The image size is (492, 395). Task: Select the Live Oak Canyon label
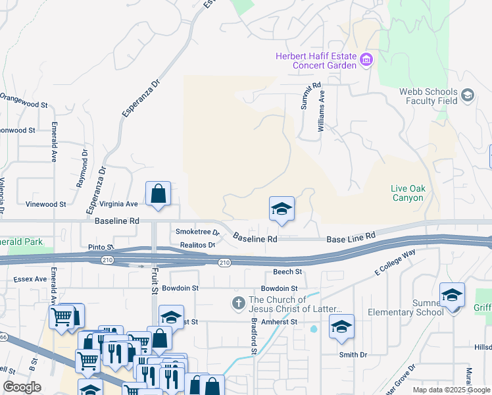408,193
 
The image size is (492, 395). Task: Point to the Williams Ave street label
322,111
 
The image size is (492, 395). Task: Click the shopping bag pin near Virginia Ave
159,194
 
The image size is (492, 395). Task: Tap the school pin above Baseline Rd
282,209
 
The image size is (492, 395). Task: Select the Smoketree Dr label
197,232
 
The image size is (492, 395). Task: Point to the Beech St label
288,271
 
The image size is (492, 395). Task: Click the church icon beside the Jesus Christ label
238,304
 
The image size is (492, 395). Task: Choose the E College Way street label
395,261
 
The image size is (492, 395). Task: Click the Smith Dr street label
353,354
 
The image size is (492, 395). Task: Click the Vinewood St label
45,204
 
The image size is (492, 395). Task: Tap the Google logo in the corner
22,387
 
